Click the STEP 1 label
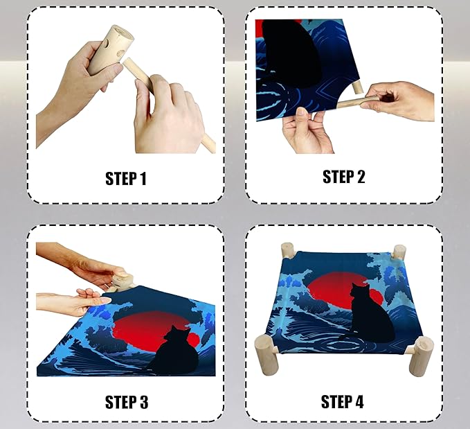pos(126,179)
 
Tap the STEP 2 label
pos(344,177)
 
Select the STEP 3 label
pos(127,402)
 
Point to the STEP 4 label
pos(343,401)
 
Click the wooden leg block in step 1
pos(111,49)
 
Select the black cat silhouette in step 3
pos(177,351)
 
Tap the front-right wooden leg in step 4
pos(421,356)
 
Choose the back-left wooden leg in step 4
pos(288,250)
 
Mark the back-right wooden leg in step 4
pos(399,252)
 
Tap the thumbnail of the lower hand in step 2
pos(302,112)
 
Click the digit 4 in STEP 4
pos(358,401)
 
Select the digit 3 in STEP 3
pos(143,402)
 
